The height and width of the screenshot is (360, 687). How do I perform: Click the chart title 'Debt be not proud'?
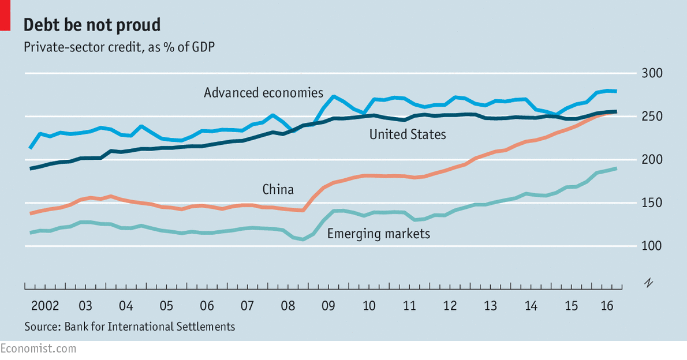[92, 25]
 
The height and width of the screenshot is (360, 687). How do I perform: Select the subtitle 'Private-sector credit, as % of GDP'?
[119, 47]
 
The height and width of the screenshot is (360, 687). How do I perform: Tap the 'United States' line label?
[408, 135]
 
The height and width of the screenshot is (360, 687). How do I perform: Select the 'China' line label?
[278, 189]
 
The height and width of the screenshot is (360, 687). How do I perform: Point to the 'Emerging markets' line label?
[378, 234]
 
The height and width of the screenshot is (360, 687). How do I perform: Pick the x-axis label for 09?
[328, 305]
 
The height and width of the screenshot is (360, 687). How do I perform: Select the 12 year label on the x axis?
[450, 305]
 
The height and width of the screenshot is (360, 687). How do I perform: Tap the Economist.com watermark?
[38, 348]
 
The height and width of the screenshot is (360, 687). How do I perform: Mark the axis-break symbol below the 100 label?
[649, 282]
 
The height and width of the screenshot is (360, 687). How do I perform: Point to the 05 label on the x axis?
[166, 305]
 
